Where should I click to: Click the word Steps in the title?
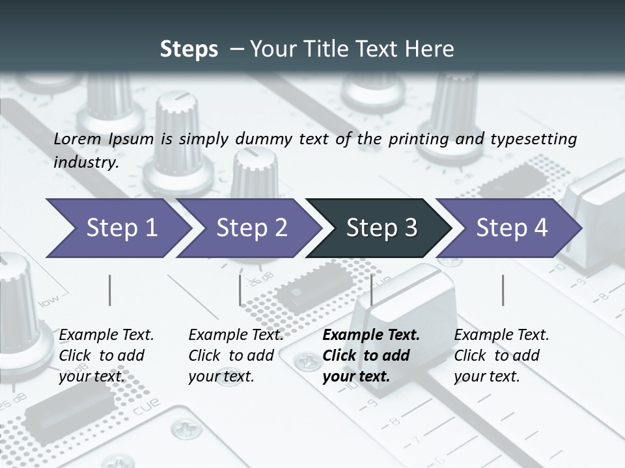(189, 49)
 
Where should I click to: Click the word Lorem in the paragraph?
(77, 138)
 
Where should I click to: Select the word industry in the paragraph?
(86, 162)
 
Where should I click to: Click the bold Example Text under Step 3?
(371, 335)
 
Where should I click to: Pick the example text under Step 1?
(106, 355)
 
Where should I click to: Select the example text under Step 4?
(501, 355)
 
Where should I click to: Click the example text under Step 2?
(236, 355)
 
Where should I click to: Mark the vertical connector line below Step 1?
(110, 290)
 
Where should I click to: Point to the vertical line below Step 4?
(503, 290)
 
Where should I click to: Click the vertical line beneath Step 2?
(240, 290)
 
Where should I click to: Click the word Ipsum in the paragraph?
(131, 139)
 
